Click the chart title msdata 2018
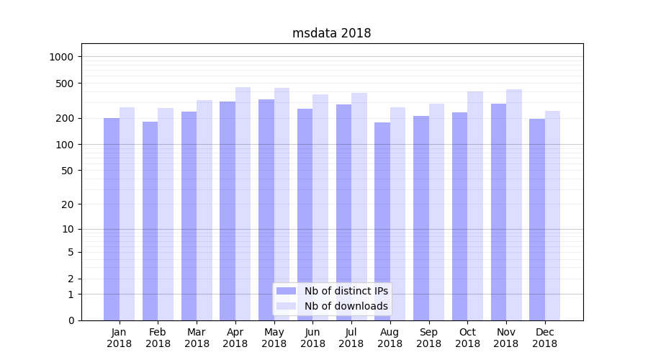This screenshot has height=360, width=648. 331,33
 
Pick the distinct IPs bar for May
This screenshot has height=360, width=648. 266,210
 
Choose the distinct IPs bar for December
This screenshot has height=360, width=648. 537,220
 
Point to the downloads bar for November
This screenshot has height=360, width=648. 514,204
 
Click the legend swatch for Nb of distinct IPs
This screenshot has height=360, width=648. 286,291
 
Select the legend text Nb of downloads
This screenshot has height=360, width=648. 346,306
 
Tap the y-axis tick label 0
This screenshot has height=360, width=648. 71,320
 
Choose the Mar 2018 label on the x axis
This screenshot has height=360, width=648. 197,338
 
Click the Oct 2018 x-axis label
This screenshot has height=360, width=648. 467,338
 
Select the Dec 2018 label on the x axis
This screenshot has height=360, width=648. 544,338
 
